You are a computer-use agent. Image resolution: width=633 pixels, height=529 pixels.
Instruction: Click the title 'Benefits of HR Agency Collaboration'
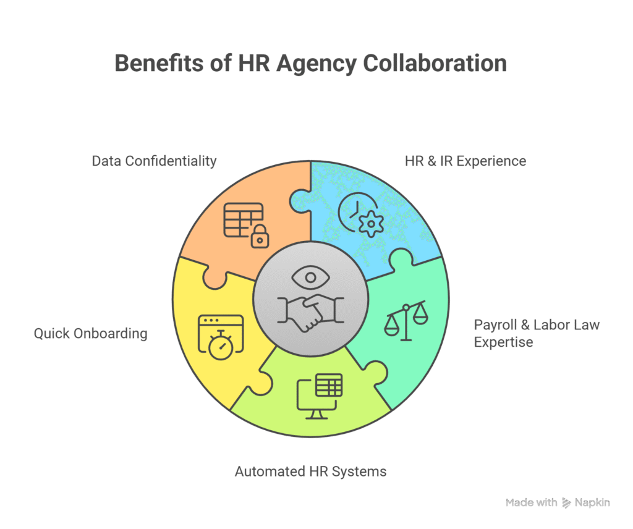pyautogui.click(x=311, y=64)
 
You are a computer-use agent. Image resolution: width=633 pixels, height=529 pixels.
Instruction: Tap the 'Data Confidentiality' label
pyautogui.click(x=154, y=161)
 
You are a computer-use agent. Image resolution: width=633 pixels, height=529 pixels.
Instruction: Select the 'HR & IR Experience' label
pyautogui.click(x=465, y=161)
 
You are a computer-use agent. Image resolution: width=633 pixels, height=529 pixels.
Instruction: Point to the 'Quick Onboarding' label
pyautogui.click(x=90, y=334)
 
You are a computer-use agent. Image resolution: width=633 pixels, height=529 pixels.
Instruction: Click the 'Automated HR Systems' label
pyautogui.click(x=310, y=472)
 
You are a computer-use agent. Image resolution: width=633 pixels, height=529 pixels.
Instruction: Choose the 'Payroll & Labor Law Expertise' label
pyautogui.click(x=536, y=333)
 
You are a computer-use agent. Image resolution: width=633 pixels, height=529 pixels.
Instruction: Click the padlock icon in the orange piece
pyautogui.click(x=260, y=235)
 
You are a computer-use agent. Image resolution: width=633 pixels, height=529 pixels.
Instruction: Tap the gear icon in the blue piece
pyautogui.click(x=371, y=223)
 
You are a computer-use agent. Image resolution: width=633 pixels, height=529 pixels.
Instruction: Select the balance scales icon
pyautogui.click(x=406, y=320)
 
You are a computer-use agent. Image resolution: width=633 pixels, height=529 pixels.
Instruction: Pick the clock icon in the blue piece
pyautogui.click(x=352, y=211)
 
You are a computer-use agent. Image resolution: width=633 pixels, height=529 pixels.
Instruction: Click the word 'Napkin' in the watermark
pyautogui.click(x=593, y=503)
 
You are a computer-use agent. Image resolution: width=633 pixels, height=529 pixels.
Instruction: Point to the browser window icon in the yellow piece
pyautogui.click(x=219, y=326)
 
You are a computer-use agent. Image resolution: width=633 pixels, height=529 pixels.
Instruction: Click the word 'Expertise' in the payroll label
pyautogui.click(x=503, y=342)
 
